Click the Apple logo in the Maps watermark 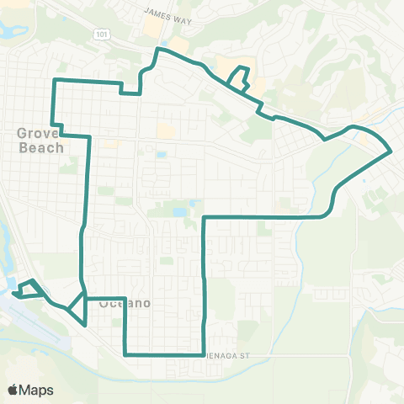(13, 390)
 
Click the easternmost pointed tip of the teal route (391, 152)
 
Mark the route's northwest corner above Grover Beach (56, 80)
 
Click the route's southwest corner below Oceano (125, 354)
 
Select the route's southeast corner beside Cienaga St (205, 353)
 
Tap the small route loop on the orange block (239, 79)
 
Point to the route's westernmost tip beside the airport (13, 294)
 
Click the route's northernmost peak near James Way (157, 50)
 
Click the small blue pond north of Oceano (180, 212)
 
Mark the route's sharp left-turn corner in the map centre (205, 218)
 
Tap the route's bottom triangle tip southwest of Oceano (84, 324)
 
